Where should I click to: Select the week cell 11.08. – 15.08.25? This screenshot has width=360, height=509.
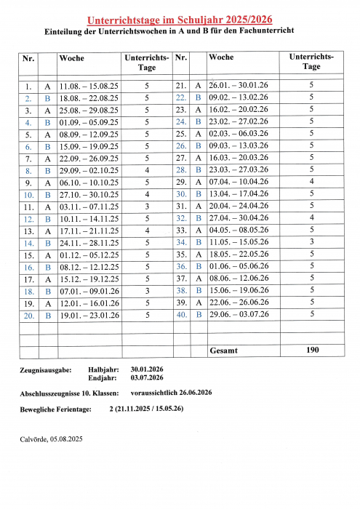[89, 86]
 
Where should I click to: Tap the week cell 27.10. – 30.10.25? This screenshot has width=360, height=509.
[89, 195]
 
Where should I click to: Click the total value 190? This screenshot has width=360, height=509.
[311, 350]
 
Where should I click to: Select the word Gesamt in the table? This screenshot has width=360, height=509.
[223, 350]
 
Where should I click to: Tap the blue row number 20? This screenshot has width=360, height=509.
[28, 316]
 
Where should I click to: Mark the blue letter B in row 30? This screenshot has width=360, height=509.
[198, 194]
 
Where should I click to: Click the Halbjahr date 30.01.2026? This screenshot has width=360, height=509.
[147, 369]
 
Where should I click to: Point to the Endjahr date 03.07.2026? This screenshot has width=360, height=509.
[147, 378]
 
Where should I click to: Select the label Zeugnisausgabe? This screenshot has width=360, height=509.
[46, 369]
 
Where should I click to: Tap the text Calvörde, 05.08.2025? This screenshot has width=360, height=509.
[52, 439]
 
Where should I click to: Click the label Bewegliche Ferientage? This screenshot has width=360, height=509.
[56, 410]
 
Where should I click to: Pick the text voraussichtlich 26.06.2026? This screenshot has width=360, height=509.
[172, 393]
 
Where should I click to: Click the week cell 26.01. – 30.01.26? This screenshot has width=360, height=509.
[239, 86]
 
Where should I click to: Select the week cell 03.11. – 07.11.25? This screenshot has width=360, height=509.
[89, 207]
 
